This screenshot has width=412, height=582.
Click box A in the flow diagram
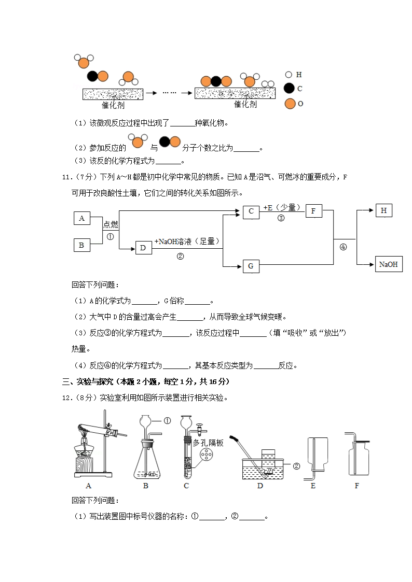click(x=81, y=218)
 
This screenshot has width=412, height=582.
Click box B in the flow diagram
click(x=81, y=245)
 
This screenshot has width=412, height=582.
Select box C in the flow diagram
click(x=251, y=211)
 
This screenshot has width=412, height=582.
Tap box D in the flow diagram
click(x=143, y=248)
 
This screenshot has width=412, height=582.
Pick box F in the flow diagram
click(x=313, y=211)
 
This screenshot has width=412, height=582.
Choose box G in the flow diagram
click(x=251, y=266)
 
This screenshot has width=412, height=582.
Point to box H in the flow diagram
click(x=383, y=210)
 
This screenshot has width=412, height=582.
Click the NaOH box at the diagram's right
click(x=389, y=264)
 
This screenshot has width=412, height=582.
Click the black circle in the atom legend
click(x=290, y=89)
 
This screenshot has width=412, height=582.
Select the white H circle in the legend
click(x=289, y=75)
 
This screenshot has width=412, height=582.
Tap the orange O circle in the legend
click(x=290, y=104)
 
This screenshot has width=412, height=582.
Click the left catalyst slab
click(x=113, y=94)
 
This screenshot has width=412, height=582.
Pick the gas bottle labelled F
click(x=358, y=456)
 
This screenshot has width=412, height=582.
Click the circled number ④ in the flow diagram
click(x=343, y=247)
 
